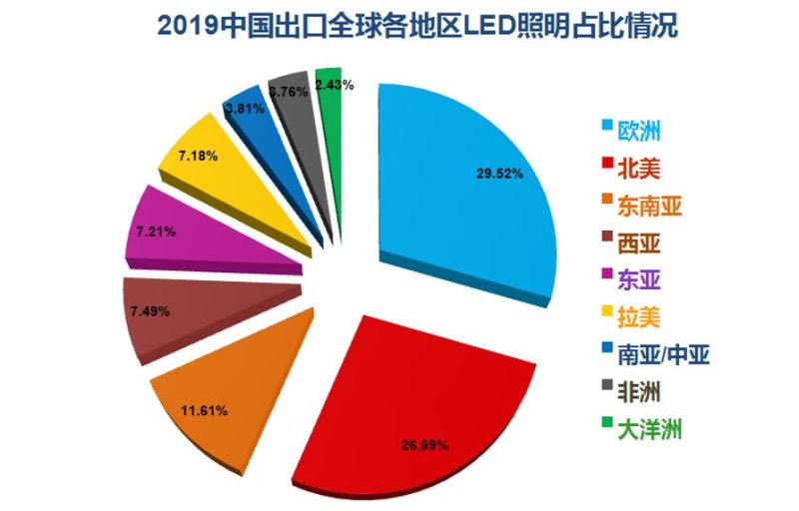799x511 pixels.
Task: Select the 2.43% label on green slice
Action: click(333, 85)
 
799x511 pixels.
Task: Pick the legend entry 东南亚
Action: click(650, 207)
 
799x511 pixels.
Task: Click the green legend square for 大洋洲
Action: click(606, 428)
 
